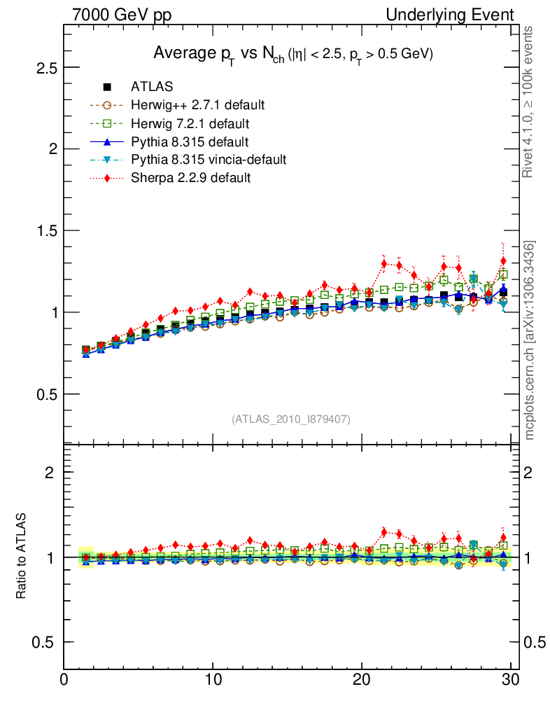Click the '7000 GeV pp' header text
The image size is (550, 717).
[x=122, y=15]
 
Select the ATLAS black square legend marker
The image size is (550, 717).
[x=107, y=87]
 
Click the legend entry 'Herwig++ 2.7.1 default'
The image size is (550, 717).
[x=197, y=105]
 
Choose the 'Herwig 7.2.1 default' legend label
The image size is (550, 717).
[x=190, y=123]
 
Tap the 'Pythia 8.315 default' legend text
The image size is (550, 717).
[x=189, y=141]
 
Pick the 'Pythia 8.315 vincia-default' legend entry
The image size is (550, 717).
[x=208, y=160]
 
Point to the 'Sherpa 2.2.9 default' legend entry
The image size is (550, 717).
[x=190, y=178]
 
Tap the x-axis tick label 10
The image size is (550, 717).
[x=213, y=678]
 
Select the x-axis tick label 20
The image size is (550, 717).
[x=362, y=678]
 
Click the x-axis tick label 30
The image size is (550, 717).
[x=510, y=678]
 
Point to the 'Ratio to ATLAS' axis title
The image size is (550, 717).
[x=21, y=557]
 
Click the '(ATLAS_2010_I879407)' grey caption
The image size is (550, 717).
[x=291, y=419]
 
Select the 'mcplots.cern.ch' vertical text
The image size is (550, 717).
[x=530, y=392]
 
